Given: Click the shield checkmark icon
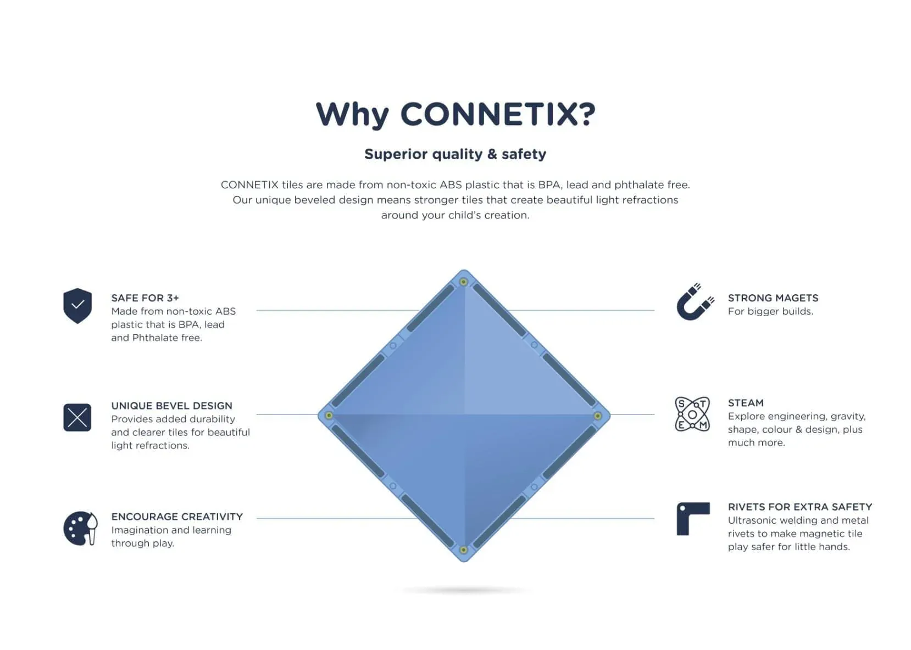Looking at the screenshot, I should tap(77, 305).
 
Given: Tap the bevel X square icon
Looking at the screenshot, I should tap(77, 417).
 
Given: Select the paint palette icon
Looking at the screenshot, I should tap(80, 528).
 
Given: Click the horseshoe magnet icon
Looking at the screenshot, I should tap(695, 302).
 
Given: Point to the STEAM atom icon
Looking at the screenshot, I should tap(692, 414).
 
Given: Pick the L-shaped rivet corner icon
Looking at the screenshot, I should tap(692, 518).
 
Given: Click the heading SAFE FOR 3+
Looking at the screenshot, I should tap(145, 298).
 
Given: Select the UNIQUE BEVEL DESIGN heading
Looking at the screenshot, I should tap(171, 406).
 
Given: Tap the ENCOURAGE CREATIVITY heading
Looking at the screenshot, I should tap(177, 517).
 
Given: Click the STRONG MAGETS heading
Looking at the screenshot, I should tap(773, 298).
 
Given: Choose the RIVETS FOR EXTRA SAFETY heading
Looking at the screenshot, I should tap(799, 507).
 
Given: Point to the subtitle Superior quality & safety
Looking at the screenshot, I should tap(455, 154).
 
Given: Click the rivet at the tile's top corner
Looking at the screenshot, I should tap(464, 282).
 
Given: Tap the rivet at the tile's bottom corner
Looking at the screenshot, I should tap(464, 550).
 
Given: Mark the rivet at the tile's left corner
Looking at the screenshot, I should tap(329, 416).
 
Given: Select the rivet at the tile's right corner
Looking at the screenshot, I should tap(598, 416).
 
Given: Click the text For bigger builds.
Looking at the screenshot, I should tap(770, 311).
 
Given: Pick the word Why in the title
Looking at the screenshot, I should tap(352, 114).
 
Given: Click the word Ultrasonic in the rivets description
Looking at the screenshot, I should tap(753, 520).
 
